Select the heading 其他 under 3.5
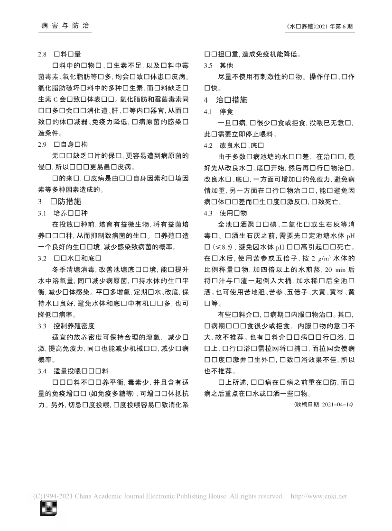pyautogui.click(x=226, y=65)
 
